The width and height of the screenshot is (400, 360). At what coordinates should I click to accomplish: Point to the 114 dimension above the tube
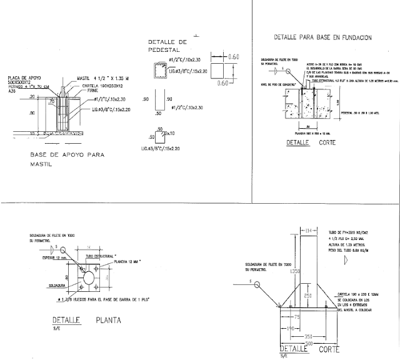tap(307, 231)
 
